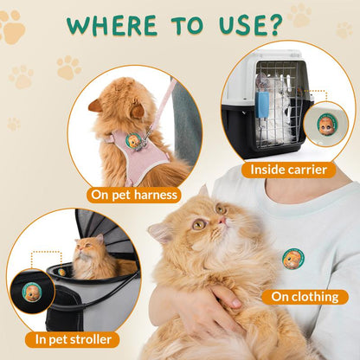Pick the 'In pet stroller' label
coord(72,339)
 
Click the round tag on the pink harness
coord(133,141)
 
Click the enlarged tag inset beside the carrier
coord(327,124)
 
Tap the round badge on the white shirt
coord(293,258)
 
